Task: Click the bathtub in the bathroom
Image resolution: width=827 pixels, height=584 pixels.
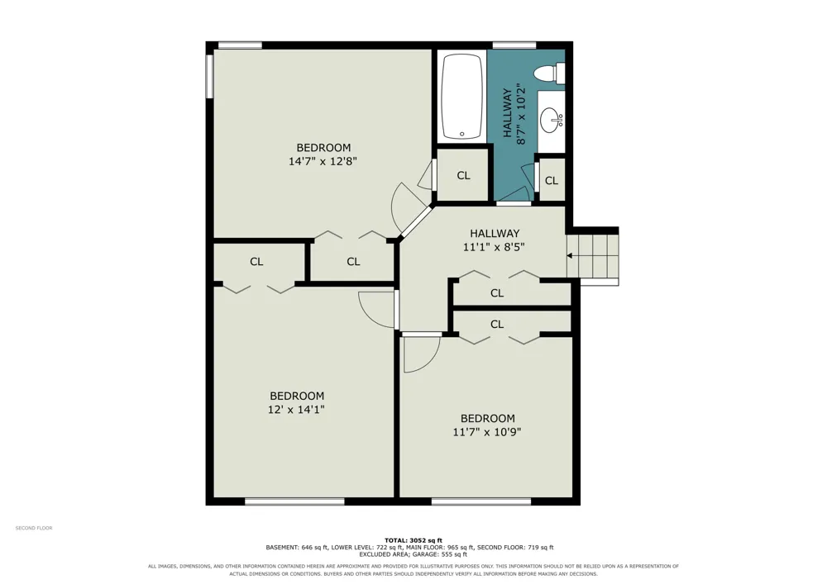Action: tap(462, 97)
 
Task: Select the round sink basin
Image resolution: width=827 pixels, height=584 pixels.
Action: tap(551, 120)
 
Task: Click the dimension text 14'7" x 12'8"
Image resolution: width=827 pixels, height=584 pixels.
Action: tap(323, 161)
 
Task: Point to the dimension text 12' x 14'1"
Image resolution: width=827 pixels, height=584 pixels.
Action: tap(296, 409)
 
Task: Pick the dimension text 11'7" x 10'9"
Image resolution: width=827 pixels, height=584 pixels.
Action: tap(487, 432)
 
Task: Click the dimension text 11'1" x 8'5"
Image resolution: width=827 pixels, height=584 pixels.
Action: tap(495, 246)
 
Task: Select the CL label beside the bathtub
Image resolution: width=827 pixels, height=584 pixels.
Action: tap(463, 175)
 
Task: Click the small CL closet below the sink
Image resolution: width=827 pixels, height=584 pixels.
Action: tap(552, 181)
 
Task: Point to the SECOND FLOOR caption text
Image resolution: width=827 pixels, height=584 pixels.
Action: tap(34, 528)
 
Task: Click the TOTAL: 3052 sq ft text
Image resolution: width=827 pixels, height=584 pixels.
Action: tap(413, 539)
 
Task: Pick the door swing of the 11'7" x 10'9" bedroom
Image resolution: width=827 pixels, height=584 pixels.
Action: tap(422, 354)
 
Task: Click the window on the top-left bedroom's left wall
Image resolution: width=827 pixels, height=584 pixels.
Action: tap(209, 76)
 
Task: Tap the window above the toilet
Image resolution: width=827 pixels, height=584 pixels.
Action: tap(514, 45)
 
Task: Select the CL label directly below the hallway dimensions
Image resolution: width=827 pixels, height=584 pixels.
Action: tap(497, 292)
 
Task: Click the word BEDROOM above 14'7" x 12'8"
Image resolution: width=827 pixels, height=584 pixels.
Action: tap(323, 148)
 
